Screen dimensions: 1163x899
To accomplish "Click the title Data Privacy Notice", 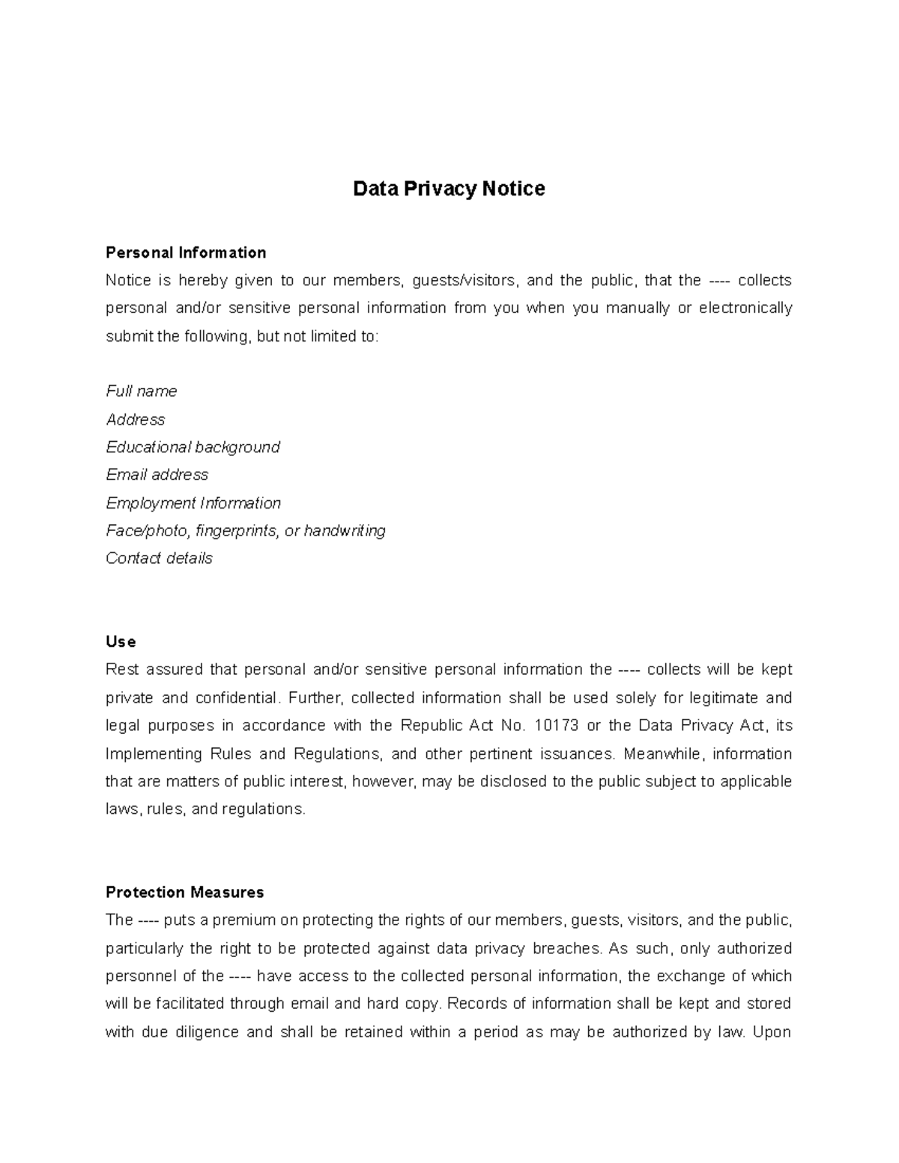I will pyautogui.click(x=449, y=189).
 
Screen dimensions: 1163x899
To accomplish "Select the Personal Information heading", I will pyautogui.click(x=186, y=252).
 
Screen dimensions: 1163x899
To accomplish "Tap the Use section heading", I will pyautogui.click(x=121, y=642).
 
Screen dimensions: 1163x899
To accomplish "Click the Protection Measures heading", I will pyautogui.click(x=184, y=892).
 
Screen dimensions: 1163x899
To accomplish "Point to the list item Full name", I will pyautogui.click(x=142, y=391).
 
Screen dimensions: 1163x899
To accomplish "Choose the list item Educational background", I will pyautogui.click(x=193, y=447).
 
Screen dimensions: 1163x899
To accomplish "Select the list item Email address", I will pyautogui.click(x=157, y=475).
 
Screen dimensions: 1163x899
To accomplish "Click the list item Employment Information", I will pyautogui.click(x=193, y=502).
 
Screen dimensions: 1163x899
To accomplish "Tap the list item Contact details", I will pyautogui.click(x=159, y=558).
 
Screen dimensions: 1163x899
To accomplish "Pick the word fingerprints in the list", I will pyautogui.click(x=237, y=531).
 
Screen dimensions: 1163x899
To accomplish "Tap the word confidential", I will pyautogui.click(x=240, y=698).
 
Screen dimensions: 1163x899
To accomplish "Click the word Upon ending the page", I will pyautogui.click(x=772, y=1032).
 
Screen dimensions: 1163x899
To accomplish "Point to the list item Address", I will pyautogui.click(x=135, y=419).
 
